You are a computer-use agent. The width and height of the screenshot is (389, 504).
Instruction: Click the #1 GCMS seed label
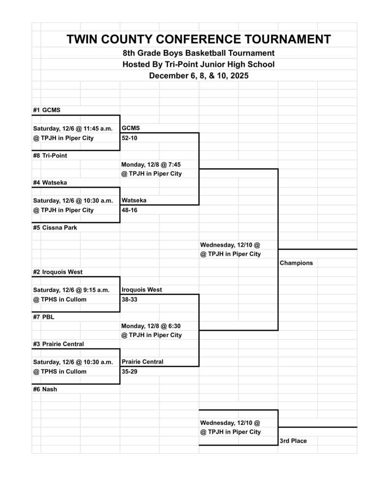tap(47, 110)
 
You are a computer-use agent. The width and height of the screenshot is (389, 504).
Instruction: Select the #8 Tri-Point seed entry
tap(50, 156)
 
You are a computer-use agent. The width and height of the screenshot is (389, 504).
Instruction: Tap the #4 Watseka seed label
tap(50, 183)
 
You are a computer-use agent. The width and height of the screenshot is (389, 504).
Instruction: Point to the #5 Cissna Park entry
tap(55, 228)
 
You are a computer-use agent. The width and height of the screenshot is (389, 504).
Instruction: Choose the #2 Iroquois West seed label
tap(58, 272)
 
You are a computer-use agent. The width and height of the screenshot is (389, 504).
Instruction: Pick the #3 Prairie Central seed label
tap(59, 344)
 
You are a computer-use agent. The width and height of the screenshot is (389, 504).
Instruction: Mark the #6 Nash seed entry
tap(45, 389)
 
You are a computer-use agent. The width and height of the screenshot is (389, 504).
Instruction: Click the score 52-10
tap(130, 138)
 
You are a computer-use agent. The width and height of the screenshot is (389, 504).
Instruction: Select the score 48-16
tap(130, 210)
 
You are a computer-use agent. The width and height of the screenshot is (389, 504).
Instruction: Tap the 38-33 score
tap(130, 299)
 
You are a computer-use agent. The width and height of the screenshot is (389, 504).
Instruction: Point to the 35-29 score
tap(130, 372)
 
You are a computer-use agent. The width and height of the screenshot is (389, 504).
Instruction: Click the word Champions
tap(296, 263)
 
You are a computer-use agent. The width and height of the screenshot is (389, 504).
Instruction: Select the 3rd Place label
tap(293, 441)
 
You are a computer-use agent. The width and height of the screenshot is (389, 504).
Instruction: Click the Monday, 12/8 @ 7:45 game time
tap(151, 164)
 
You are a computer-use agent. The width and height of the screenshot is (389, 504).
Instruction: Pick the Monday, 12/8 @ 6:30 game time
tap(151, 326)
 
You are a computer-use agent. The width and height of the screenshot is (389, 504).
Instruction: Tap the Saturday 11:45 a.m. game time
tap(73, 129)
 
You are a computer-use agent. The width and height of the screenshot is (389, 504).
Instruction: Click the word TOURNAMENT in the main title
tap(278, 39)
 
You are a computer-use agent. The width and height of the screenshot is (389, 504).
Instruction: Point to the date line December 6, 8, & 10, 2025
tap(199, 76)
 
